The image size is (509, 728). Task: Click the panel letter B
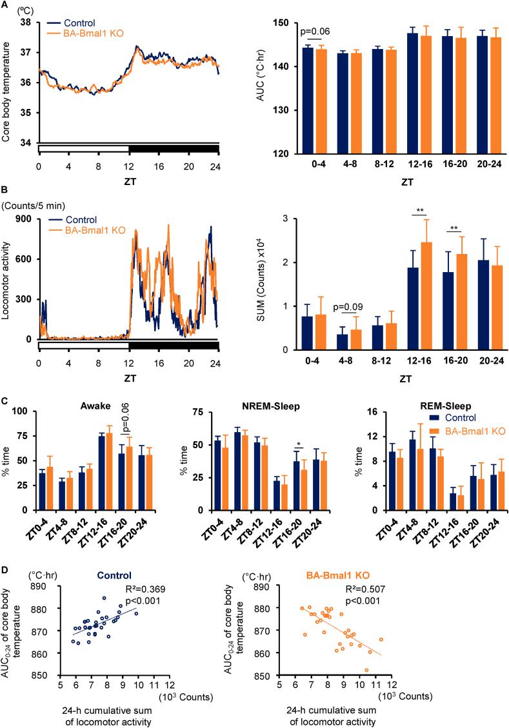point(5,191)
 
